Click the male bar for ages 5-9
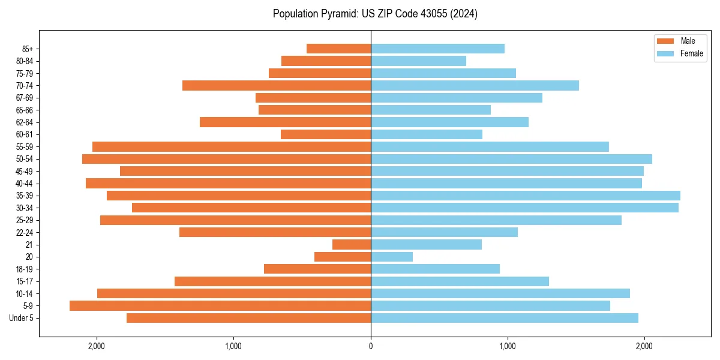click(220, 306)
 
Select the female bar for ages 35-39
click(526, 196)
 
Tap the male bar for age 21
click(352, 245)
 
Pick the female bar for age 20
click(392, 257)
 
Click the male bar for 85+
click(338, 49)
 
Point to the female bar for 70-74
click(475, 86)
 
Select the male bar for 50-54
click(226, 159)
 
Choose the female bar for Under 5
click(505, 318)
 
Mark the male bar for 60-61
click(326, 134)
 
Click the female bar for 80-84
click(418, 61)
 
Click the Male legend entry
click(688, 41)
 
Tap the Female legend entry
click(691, 53)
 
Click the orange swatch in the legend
click(666, 41)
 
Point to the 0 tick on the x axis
click(371, 346)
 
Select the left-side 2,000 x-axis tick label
click(97, 346)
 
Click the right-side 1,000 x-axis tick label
click(508, 346)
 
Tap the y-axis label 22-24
click(25, 233)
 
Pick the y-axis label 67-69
click(25, 98)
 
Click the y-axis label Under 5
click(22, 318)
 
